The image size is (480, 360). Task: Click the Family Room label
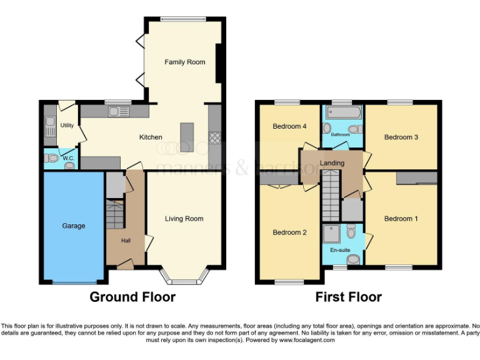184,62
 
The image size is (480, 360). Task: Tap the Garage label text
73,226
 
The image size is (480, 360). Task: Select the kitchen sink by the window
118,112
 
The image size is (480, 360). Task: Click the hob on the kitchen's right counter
215,138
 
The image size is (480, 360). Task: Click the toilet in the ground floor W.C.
53,159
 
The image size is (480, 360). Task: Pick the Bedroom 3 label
401,137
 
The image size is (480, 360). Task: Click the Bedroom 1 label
401,219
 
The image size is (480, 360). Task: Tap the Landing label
332,164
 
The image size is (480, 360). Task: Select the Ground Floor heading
132,297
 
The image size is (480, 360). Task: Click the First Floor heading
349,297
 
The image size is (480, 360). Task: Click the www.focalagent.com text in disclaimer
307,341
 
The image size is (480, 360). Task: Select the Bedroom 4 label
289,126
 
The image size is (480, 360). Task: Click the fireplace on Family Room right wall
219,62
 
